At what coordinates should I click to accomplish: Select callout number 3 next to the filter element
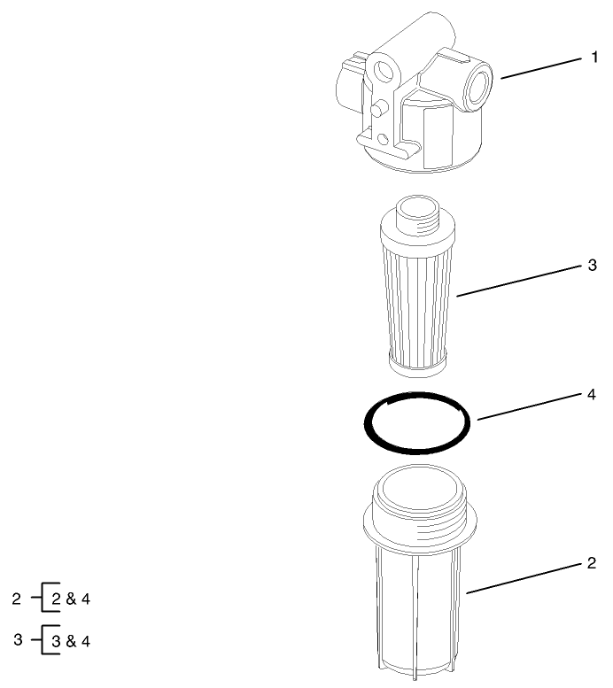click(593, 266)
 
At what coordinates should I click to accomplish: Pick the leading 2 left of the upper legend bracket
click(16, 599)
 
